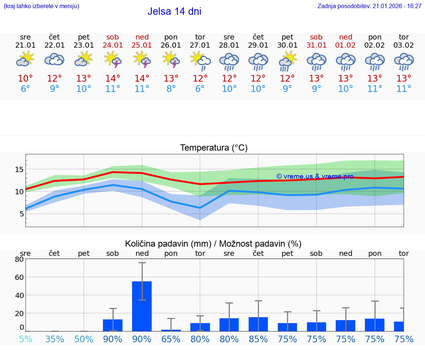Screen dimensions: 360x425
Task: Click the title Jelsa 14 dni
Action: tap(174, 11)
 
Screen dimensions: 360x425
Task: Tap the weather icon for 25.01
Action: tap(142, 59)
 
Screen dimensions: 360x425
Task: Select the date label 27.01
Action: tap(200, 45)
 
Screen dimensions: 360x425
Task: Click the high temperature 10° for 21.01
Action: tap(25, 79)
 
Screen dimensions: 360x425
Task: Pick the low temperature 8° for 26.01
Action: tap(171, 89)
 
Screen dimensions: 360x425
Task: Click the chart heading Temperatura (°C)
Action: tap(214, 148)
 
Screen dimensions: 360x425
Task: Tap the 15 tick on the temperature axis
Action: tap(19, 169)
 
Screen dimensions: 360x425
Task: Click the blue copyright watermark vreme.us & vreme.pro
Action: tap(315, 176)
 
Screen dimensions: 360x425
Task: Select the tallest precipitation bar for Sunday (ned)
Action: tap(142, 306)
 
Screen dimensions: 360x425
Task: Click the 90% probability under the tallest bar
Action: tap(142, 339)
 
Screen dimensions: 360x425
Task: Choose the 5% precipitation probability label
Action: tap(25, 339)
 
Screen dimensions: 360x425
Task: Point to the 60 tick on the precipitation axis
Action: tap(19, 277)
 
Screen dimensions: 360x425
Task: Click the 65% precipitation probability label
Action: tap(171, 339)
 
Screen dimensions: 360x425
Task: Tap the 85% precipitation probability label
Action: tap(258, 339)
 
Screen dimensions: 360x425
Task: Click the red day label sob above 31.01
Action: tap(316, 37)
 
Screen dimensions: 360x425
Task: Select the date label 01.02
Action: tap(346, 45)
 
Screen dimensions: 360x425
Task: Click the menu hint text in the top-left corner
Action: tap(41, 6)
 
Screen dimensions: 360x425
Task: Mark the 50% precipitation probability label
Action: tap(84, 339)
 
